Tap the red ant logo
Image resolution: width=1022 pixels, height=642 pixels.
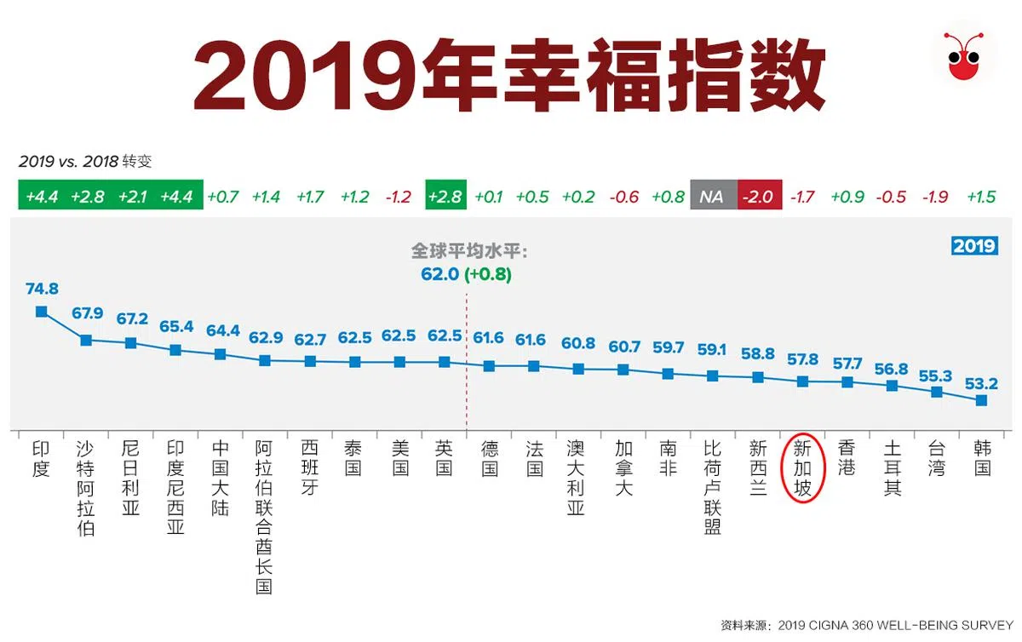point(968,57)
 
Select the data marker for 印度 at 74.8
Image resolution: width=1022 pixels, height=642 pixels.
point(41,312)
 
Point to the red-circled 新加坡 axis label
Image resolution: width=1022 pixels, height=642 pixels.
point(802,467)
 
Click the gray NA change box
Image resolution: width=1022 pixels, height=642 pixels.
point(712,197)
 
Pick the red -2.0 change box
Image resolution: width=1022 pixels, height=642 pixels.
point(757,197)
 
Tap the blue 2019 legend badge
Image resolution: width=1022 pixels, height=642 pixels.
point(973,245)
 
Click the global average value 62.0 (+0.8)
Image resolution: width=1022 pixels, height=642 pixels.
point(466,274)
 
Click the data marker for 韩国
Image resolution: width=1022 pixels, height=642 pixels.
point(981,400)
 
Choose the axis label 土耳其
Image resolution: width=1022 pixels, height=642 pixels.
point(892,467)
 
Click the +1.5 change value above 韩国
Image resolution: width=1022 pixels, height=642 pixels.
point(981,197)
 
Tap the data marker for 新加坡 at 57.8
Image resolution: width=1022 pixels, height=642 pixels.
point(802,381)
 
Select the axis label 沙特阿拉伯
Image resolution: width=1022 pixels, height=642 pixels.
point(85,488)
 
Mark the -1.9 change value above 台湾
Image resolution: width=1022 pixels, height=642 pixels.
point(936,197)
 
